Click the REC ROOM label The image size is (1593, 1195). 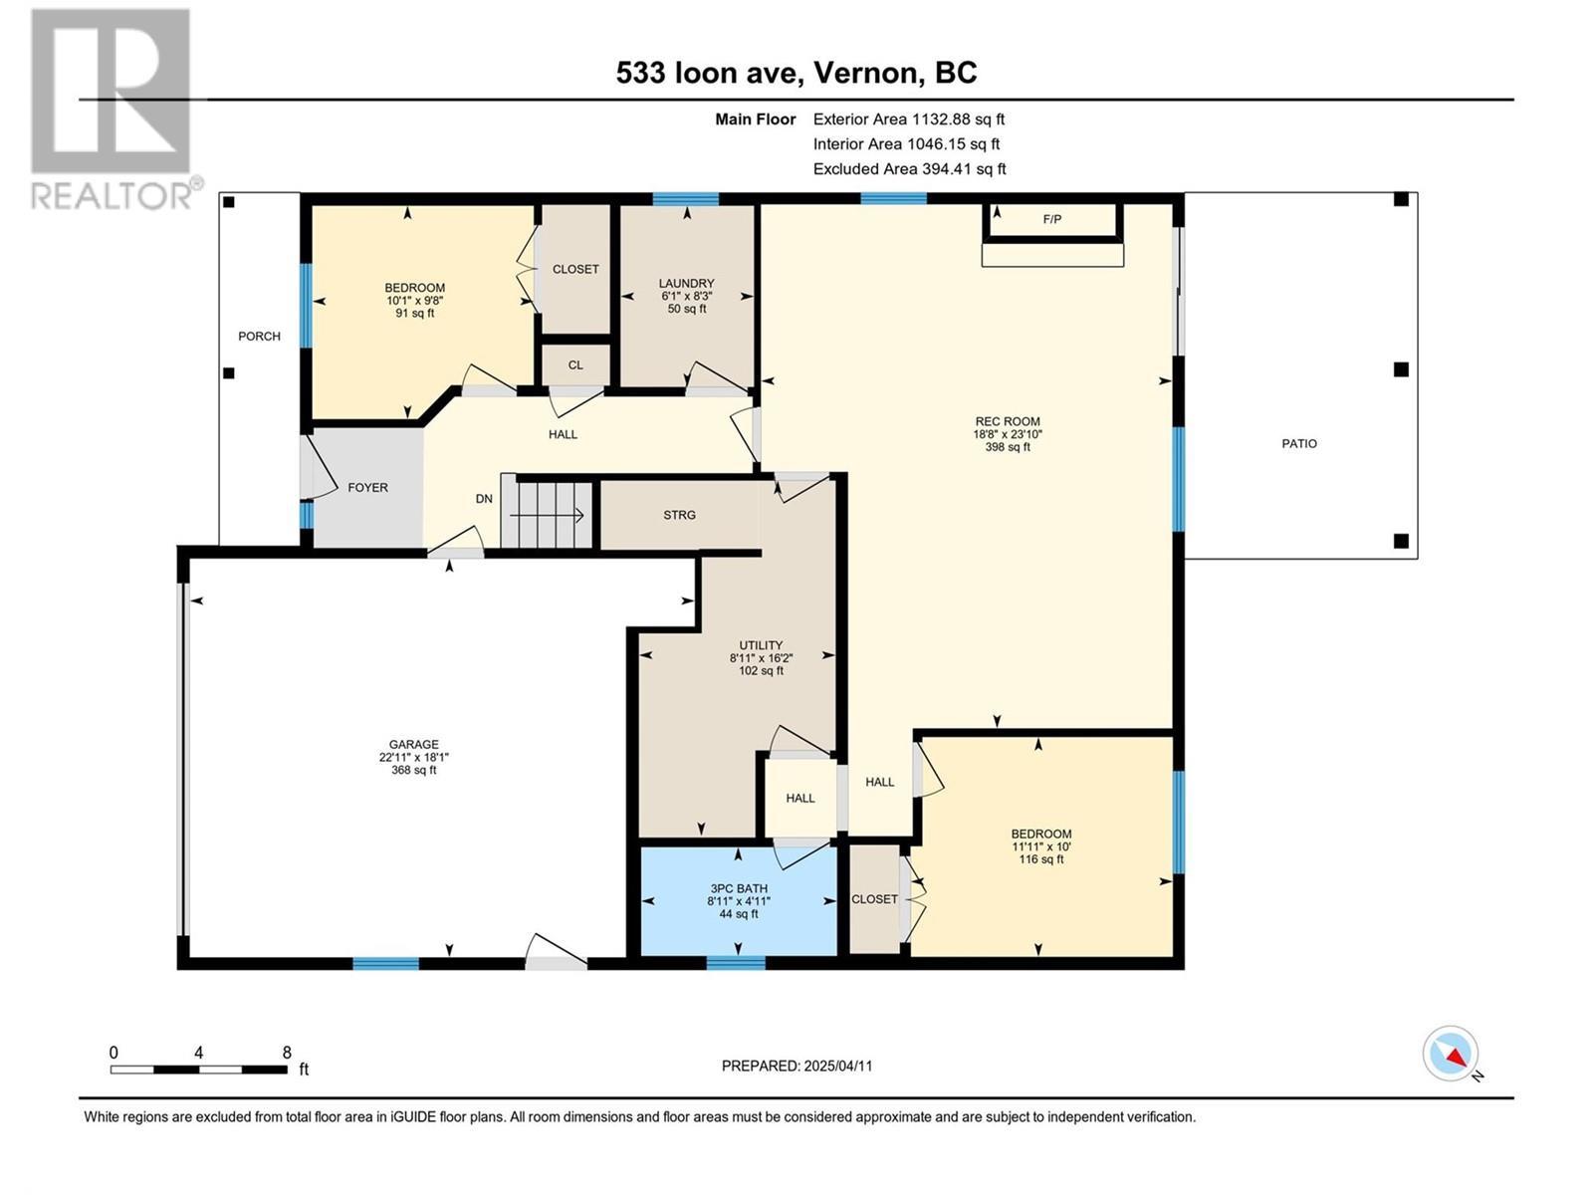click(1008, 421)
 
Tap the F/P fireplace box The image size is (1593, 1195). click(1051, 219)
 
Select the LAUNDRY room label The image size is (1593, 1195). click(686, 283)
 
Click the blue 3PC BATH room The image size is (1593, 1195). click(738, 901)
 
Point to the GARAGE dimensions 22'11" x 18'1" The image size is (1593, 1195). click(413, 757)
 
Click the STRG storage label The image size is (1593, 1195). click(679, 515)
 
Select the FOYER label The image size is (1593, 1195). click(367, 487)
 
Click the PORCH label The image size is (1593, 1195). click(259, 336)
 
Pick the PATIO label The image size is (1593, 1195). click(1298, 443)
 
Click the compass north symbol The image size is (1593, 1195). click(1452, 1054)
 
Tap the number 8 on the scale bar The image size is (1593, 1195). click(287, 1053)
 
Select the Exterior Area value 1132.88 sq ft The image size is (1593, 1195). click(958, 119)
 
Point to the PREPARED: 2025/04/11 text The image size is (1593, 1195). click(796, 1066)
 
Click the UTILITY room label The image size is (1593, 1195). click(761, 645)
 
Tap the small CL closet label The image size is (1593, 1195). click(575, 364)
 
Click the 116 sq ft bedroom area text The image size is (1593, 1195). click(1040, 859)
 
